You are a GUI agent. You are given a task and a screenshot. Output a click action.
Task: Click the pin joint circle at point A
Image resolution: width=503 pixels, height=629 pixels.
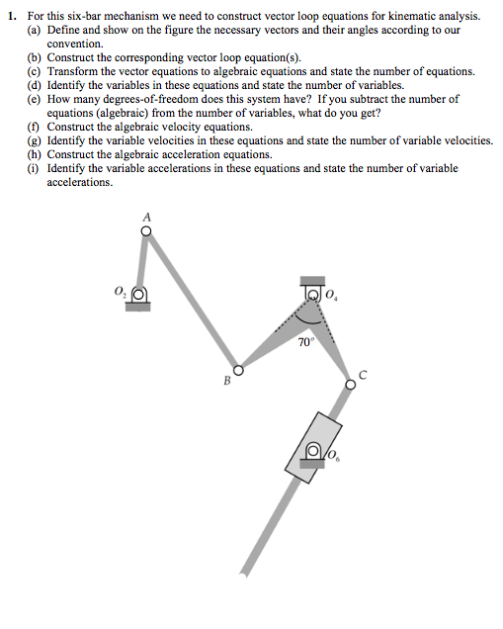coord(146,231)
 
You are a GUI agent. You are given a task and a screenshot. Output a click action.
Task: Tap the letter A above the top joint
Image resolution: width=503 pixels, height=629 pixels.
coord(146,216)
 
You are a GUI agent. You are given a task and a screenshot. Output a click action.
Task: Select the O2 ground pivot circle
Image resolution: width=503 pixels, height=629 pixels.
coord(139,294)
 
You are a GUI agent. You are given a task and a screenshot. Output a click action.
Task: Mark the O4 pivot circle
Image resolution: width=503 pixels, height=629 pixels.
coord(314,294)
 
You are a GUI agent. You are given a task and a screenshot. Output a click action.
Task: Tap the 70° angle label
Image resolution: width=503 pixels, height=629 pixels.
coord(305,341)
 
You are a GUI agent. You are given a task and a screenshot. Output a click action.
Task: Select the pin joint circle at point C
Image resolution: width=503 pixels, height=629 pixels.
coord(350,385)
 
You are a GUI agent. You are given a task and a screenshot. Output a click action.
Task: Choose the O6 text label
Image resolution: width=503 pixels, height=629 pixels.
coord(333,456)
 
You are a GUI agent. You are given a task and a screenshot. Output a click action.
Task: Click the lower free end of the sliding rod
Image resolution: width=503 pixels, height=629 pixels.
coord(247,571)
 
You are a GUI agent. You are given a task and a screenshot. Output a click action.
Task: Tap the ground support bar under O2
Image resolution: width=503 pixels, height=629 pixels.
coord(138,307)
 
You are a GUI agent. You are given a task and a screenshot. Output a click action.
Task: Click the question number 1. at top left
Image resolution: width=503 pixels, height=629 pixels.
coord(10,17)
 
